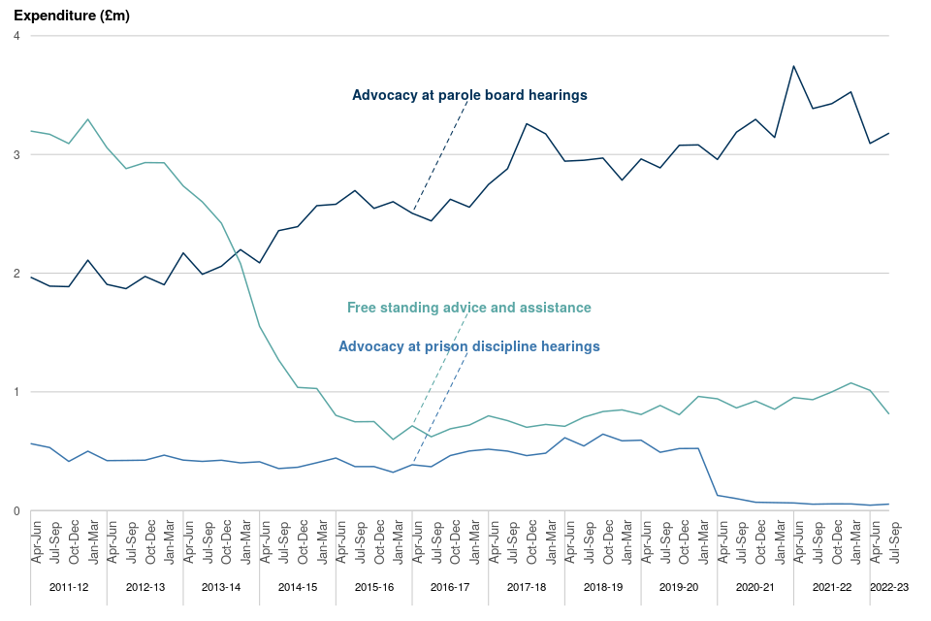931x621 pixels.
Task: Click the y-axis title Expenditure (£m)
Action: [x=72, y=16]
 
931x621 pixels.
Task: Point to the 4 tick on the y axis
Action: [x=17, y=36]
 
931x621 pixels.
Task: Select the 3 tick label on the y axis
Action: [x=17, y=155]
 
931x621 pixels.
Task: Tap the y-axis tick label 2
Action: [x=17, y=274]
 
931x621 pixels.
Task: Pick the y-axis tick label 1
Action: [x=17, y=392]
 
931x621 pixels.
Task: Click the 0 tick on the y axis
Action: [x=17, y=511]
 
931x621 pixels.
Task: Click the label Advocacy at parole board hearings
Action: [x=469, y=95]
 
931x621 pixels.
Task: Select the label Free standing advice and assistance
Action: [x=469, y=308]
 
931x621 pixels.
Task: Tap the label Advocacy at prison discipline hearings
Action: [x=469, y=346]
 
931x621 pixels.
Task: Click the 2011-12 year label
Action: [x=69, y=588]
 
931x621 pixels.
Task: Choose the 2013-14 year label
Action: [x=221, y=588]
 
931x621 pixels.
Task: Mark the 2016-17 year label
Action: [x=450, y=588]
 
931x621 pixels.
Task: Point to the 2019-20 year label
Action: [x=679, y=588]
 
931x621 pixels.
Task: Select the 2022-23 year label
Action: [x=889, y=588]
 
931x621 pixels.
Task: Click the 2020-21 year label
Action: [x=755, y=588]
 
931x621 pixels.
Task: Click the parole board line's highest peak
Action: [x=793, y=66]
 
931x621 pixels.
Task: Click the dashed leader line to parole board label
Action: [x=441, y=155]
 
